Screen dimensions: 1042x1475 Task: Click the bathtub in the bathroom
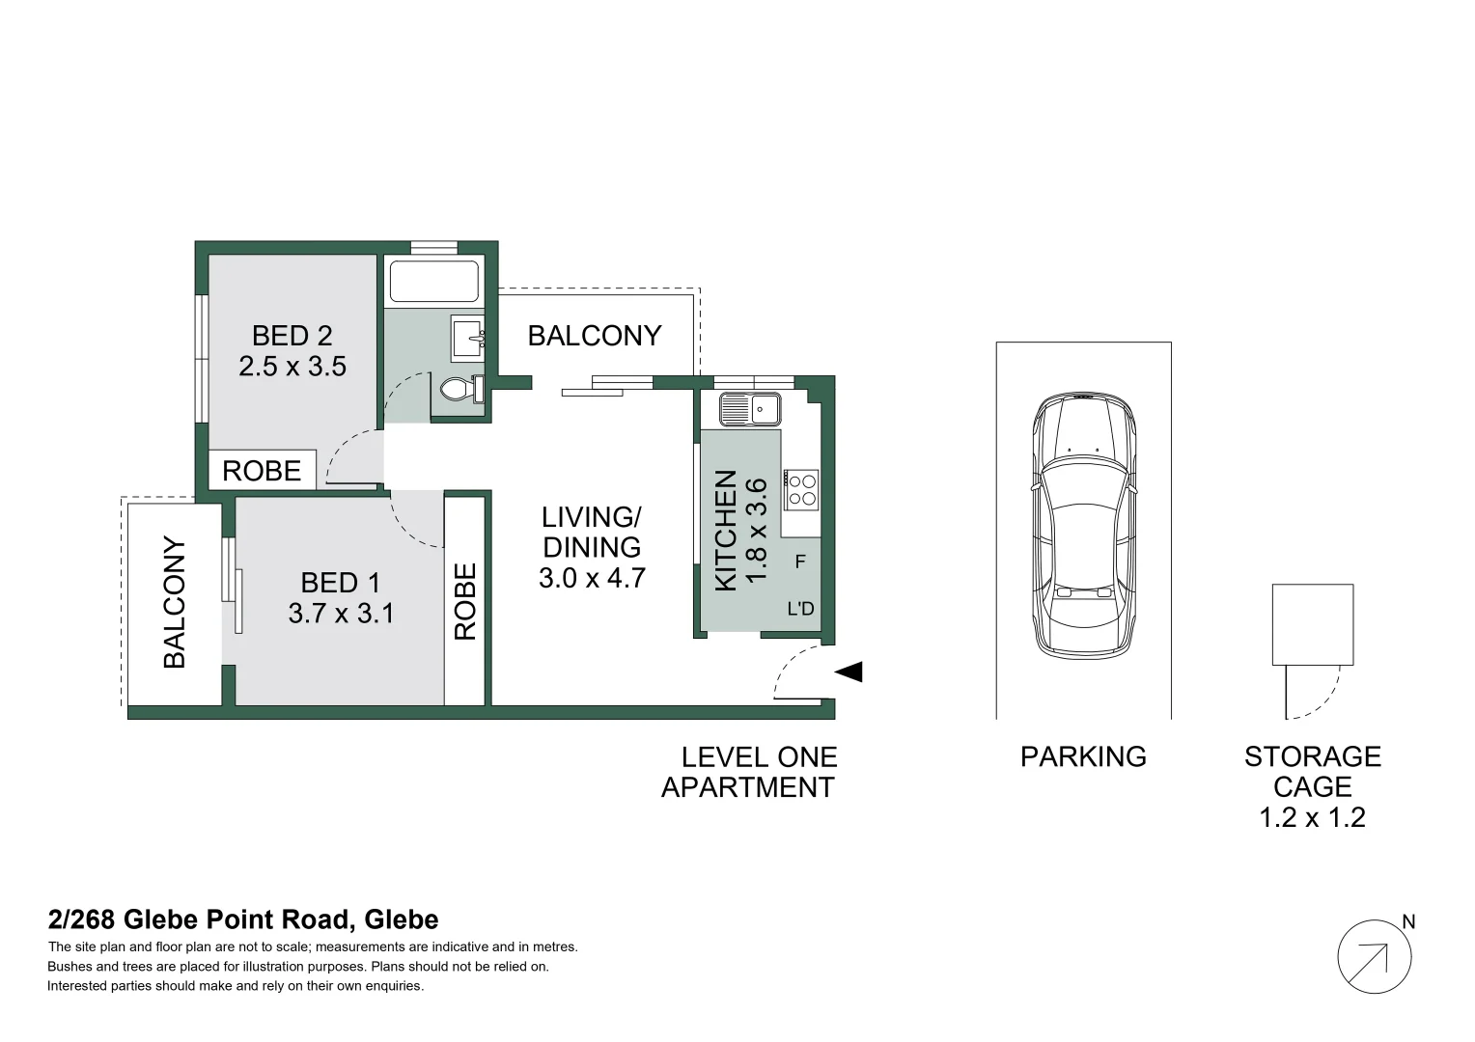[433, 282]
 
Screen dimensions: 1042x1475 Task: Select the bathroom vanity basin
[468, 338]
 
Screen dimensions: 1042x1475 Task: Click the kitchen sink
[751, 410]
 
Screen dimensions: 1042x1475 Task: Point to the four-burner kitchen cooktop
[802, 488]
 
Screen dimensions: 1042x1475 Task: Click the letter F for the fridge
[800, 561]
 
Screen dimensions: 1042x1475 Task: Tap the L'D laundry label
[801, 609]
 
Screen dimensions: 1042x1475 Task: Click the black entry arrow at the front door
[849, 672]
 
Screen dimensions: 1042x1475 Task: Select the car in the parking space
[1084, 526]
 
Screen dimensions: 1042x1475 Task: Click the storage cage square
[1312, 624]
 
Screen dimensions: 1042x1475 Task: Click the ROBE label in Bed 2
[262, 471]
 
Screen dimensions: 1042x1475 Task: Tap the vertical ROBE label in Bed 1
[465, 601]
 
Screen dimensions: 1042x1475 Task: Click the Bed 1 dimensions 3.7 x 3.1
[341, 614]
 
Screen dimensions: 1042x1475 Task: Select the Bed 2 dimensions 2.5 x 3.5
[292, 367]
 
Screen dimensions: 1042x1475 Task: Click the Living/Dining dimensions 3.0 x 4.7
[592, 578]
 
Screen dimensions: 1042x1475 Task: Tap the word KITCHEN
[726, 530]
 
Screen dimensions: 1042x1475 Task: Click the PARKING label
[1083, 756]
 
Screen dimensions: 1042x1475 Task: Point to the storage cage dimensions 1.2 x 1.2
[1312, 818]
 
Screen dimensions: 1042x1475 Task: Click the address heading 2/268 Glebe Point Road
[243, 919]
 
